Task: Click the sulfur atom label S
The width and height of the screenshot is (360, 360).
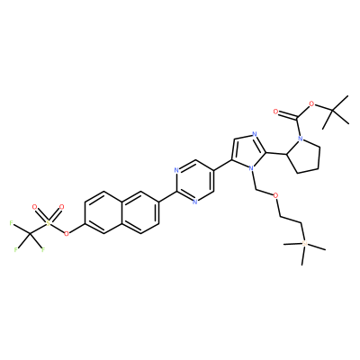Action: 49,223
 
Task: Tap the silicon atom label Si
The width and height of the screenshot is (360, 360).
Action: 305,243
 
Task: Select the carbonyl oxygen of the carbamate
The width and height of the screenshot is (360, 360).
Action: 276,112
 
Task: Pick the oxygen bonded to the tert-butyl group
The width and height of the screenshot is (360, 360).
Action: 311,104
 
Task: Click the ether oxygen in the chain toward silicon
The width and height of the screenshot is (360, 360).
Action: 275,195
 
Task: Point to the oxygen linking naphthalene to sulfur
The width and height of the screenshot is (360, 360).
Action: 67,233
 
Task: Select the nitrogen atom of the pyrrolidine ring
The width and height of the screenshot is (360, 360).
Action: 301,139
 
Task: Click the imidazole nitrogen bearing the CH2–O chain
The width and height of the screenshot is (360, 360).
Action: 252,169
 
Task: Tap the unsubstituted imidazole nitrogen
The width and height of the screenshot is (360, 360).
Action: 255,134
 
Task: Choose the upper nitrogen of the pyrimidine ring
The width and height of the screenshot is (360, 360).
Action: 176,171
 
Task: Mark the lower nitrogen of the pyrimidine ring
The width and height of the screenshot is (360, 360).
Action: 194,202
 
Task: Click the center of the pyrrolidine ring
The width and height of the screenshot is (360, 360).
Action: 305,156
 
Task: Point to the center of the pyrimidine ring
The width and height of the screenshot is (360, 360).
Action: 195,181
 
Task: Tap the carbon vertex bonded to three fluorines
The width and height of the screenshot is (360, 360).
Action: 30,234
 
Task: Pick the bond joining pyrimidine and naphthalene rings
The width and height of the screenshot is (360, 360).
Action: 167,197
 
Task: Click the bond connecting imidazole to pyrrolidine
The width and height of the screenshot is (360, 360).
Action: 277,154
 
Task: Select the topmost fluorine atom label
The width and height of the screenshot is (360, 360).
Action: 12,223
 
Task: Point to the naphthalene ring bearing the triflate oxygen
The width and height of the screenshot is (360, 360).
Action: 103,212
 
